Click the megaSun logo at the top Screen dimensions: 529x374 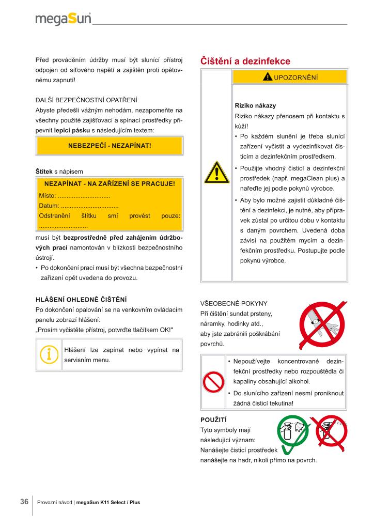click(x=63, y=19)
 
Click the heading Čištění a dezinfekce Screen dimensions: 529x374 click(x=245, y=61)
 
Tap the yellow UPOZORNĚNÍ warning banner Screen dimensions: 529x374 click(x=289, y=77)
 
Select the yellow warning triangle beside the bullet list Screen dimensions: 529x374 click(x=216, y=173)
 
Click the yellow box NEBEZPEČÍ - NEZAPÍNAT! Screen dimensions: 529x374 click(x=110, y=145)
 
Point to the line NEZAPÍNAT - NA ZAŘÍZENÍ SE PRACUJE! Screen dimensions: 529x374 click(x=110, y=183)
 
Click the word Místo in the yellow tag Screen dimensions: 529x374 click(x=47, y=196)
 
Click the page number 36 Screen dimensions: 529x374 click(x=24, y=502)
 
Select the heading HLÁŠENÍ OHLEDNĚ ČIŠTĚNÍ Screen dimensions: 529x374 click(x=81, y=300)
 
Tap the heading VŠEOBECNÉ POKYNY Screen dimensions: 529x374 click(x=233, y=303)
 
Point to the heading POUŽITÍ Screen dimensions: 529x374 click(x=213, y=419)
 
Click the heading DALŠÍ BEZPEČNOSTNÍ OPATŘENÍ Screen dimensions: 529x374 click(x=86, y=100)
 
